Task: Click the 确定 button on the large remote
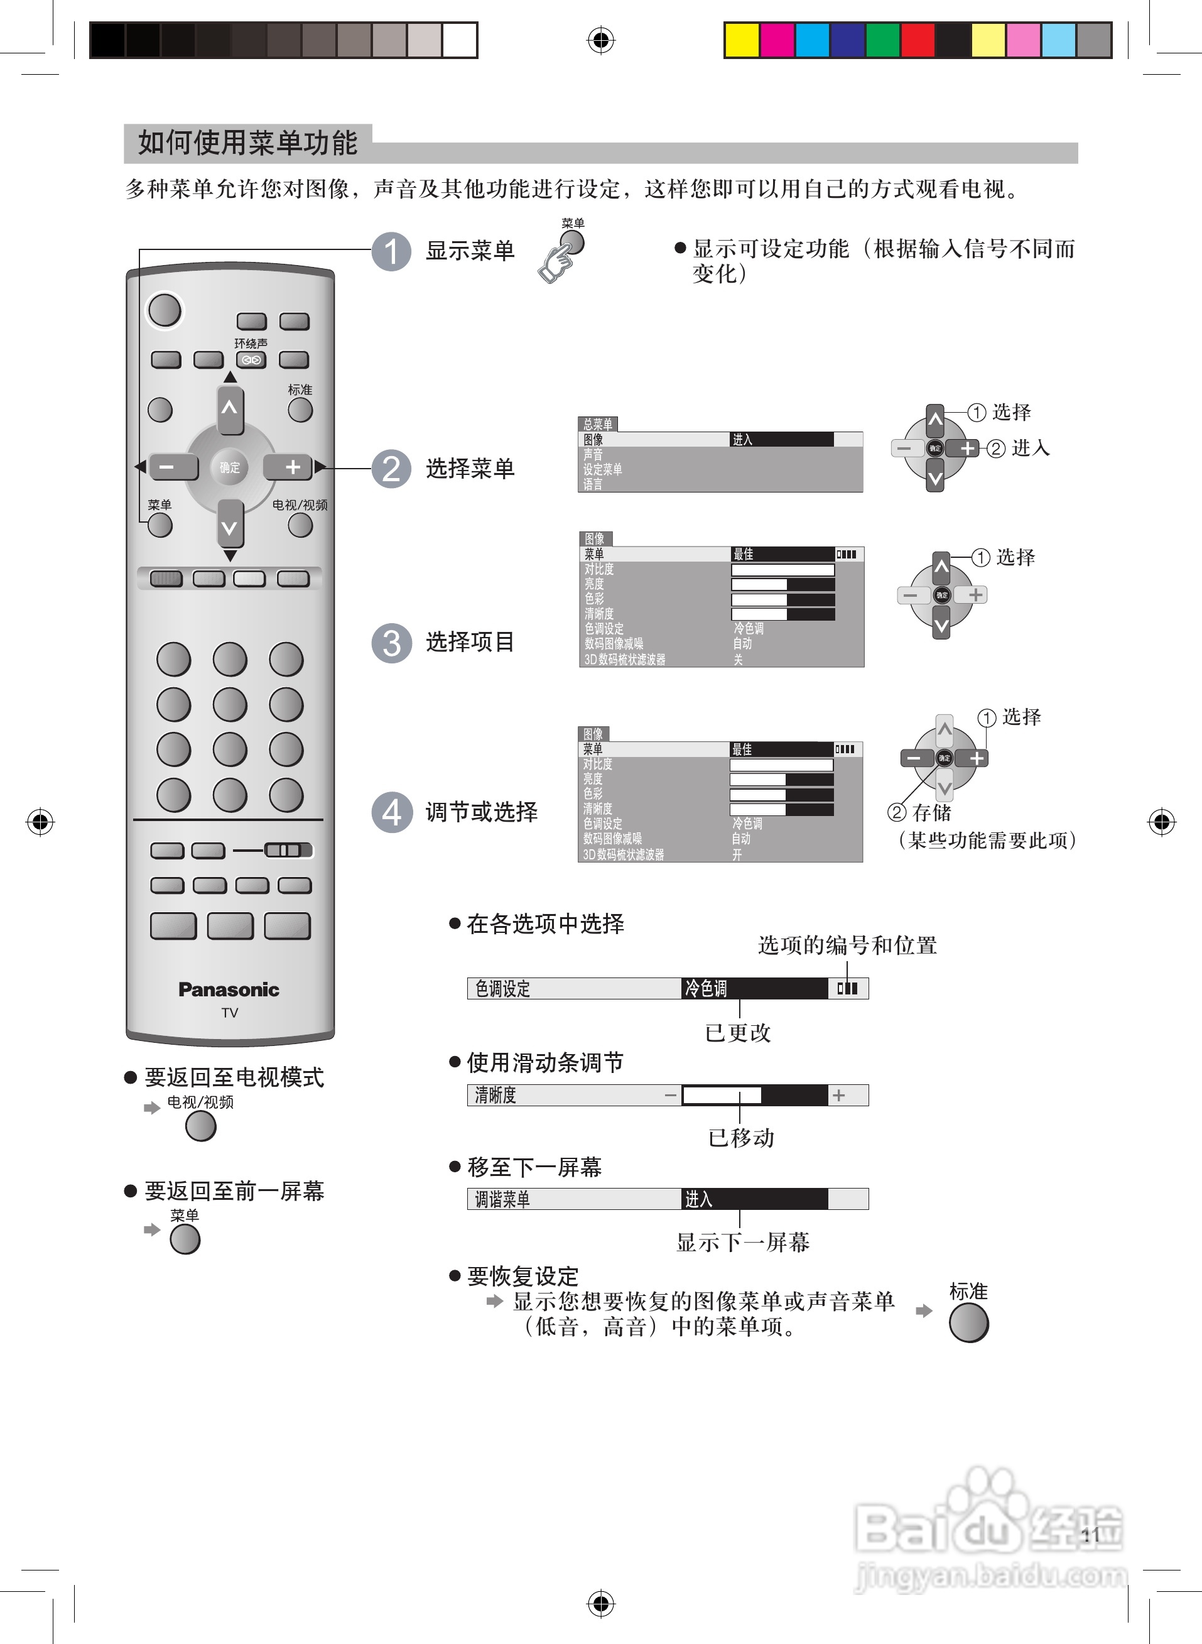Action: [x=229, y=467]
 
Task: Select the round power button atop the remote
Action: [x=165, y=310]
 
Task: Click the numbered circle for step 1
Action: [x=391, y=251]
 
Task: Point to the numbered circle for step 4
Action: [x=391, y=812]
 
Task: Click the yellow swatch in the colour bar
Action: [x=742, y=40]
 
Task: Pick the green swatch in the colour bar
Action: [x=882, y=40]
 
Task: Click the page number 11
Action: [x=1089, y=1535]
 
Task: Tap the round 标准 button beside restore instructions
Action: [x=968, y=1322]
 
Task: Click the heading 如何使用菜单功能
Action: [x=247, y=143]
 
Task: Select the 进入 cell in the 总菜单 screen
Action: [x=781, y=440]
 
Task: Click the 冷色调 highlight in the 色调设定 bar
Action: [x=754, y=988]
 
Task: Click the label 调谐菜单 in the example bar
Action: [x=502, y=1199]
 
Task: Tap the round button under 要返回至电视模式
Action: [x=201, y=1126]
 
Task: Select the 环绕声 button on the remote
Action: [x=251, y=359]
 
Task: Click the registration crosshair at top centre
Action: [x=600, y=40]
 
